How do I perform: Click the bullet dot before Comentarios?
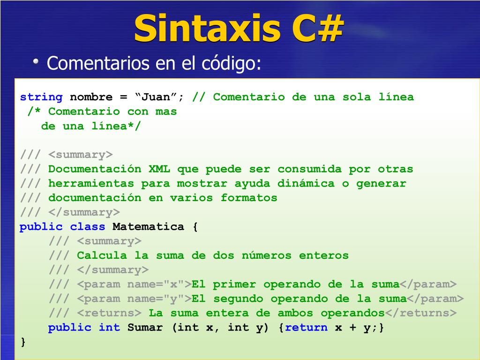pyautogui.click(x=36, y=62)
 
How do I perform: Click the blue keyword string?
pyautogui.click(x=41, y=97)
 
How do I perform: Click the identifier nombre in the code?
pyautogui.click(x=91, y=97)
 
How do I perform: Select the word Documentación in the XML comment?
pyautogui.click(x=95, y=169)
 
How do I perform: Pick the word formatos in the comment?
pyautogui.click(x=249, y=198)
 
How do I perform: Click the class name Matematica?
pyautogui.click(x=149, y=227)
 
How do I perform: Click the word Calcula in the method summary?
pyautogui.click(x=102, y=255)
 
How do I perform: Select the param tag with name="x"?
pyautogui.click(x=134, y=285)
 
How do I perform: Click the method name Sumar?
pyautogui.click(x=145, y=328)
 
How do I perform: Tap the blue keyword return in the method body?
pyautogui.click(x=306, y=328)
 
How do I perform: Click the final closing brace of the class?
pyautogui.click(x=23, y=342)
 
